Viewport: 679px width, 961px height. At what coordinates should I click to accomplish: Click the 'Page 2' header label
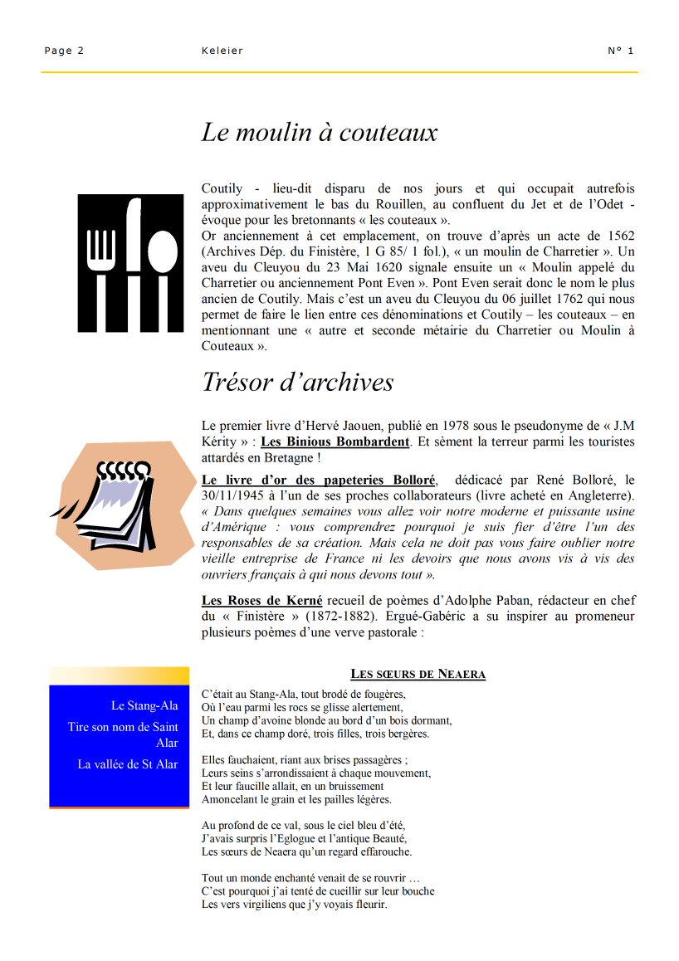(x=64, y=51)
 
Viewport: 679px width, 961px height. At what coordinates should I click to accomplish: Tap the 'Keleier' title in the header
(x=222, y=51)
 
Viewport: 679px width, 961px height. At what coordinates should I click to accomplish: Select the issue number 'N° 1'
(x=620, y=51)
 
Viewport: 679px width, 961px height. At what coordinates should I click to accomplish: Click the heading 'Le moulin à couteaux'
(x=319, y=133)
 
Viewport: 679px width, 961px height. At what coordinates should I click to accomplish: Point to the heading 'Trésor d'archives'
(x=297, y=382)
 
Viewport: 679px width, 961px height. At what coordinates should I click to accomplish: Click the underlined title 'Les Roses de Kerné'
(x=261, y=600)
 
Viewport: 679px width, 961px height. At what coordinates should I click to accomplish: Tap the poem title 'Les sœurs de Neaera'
(x=418, y=674)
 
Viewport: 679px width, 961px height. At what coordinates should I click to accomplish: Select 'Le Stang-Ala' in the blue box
(x=144, y=705)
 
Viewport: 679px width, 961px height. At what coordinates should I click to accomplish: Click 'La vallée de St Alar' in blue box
(x=128, y=764)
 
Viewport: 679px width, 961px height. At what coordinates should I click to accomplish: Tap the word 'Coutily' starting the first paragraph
(x=222, y=188)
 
